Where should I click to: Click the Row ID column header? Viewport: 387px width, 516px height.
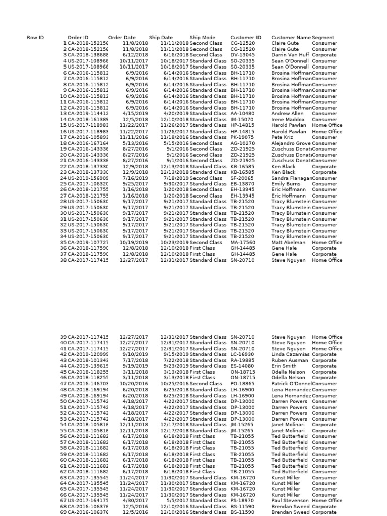pos(35,38)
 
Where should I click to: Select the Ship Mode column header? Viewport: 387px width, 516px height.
pos(202,38)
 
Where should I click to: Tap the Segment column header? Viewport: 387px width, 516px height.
pos(324,38)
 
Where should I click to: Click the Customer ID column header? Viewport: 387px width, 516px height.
pos(245,38)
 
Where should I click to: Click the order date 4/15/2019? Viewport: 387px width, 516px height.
pos(136,114)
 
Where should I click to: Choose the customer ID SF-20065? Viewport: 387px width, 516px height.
pos(242,178)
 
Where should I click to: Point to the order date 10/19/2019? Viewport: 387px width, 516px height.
pos(134,242)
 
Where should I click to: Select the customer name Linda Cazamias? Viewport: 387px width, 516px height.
pos(291,354)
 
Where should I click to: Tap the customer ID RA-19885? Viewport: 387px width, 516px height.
pos(242,360)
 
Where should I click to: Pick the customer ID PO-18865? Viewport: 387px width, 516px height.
pos(242,384)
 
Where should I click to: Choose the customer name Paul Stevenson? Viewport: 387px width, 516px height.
pos(290,501)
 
